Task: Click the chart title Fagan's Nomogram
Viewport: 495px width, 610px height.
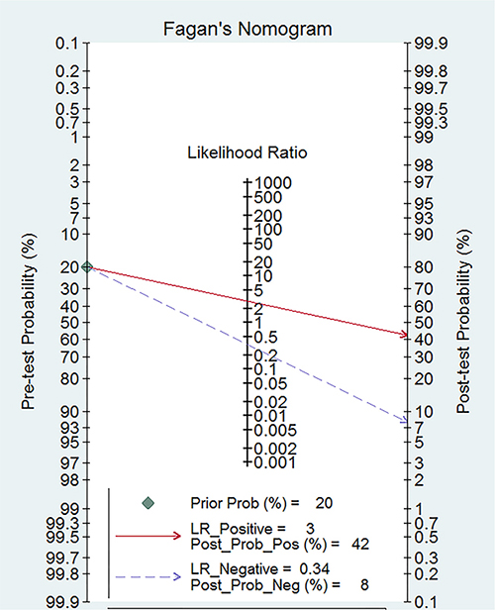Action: [247, 29]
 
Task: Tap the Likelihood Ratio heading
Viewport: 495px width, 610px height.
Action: [247, 152]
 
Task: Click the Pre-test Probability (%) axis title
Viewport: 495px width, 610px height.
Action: [29, 321]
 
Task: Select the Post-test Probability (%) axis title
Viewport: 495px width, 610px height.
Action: [464, 321]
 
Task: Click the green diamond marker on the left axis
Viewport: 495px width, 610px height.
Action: [87, 267]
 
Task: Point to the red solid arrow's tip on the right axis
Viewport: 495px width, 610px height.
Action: [407, 335]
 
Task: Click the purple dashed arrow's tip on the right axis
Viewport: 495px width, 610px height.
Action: [407, 421]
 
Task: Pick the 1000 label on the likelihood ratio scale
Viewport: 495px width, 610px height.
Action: [272, 183]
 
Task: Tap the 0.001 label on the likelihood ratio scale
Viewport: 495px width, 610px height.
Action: [275, 462]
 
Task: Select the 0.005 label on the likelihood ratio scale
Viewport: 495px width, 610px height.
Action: [275, 430]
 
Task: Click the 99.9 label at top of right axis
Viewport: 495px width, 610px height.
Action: [431, 44]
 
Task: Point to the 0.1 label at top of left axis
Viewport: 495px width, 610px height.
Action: [67, 44]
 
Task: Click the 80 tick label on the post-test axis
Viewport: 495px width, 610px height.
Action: [424, 267]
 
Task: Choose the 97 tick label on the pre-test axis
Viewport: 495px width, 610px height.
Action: [70, 463]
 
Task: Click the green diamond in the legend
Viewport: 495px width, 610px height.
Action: [148, 503]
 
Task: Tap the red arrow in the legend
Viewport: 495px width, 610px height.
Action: [148, 536]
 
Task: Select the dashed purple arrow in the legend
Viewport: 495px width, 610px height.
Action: [148, 576]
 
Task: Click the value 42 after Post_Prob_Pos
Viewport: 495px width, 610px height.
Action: [360, 544]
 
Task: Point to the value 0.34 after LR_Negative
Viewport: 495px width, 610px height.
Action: [315, 569]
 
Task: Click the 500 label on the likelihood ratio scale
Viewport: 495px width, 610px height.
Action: [268, 198]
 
